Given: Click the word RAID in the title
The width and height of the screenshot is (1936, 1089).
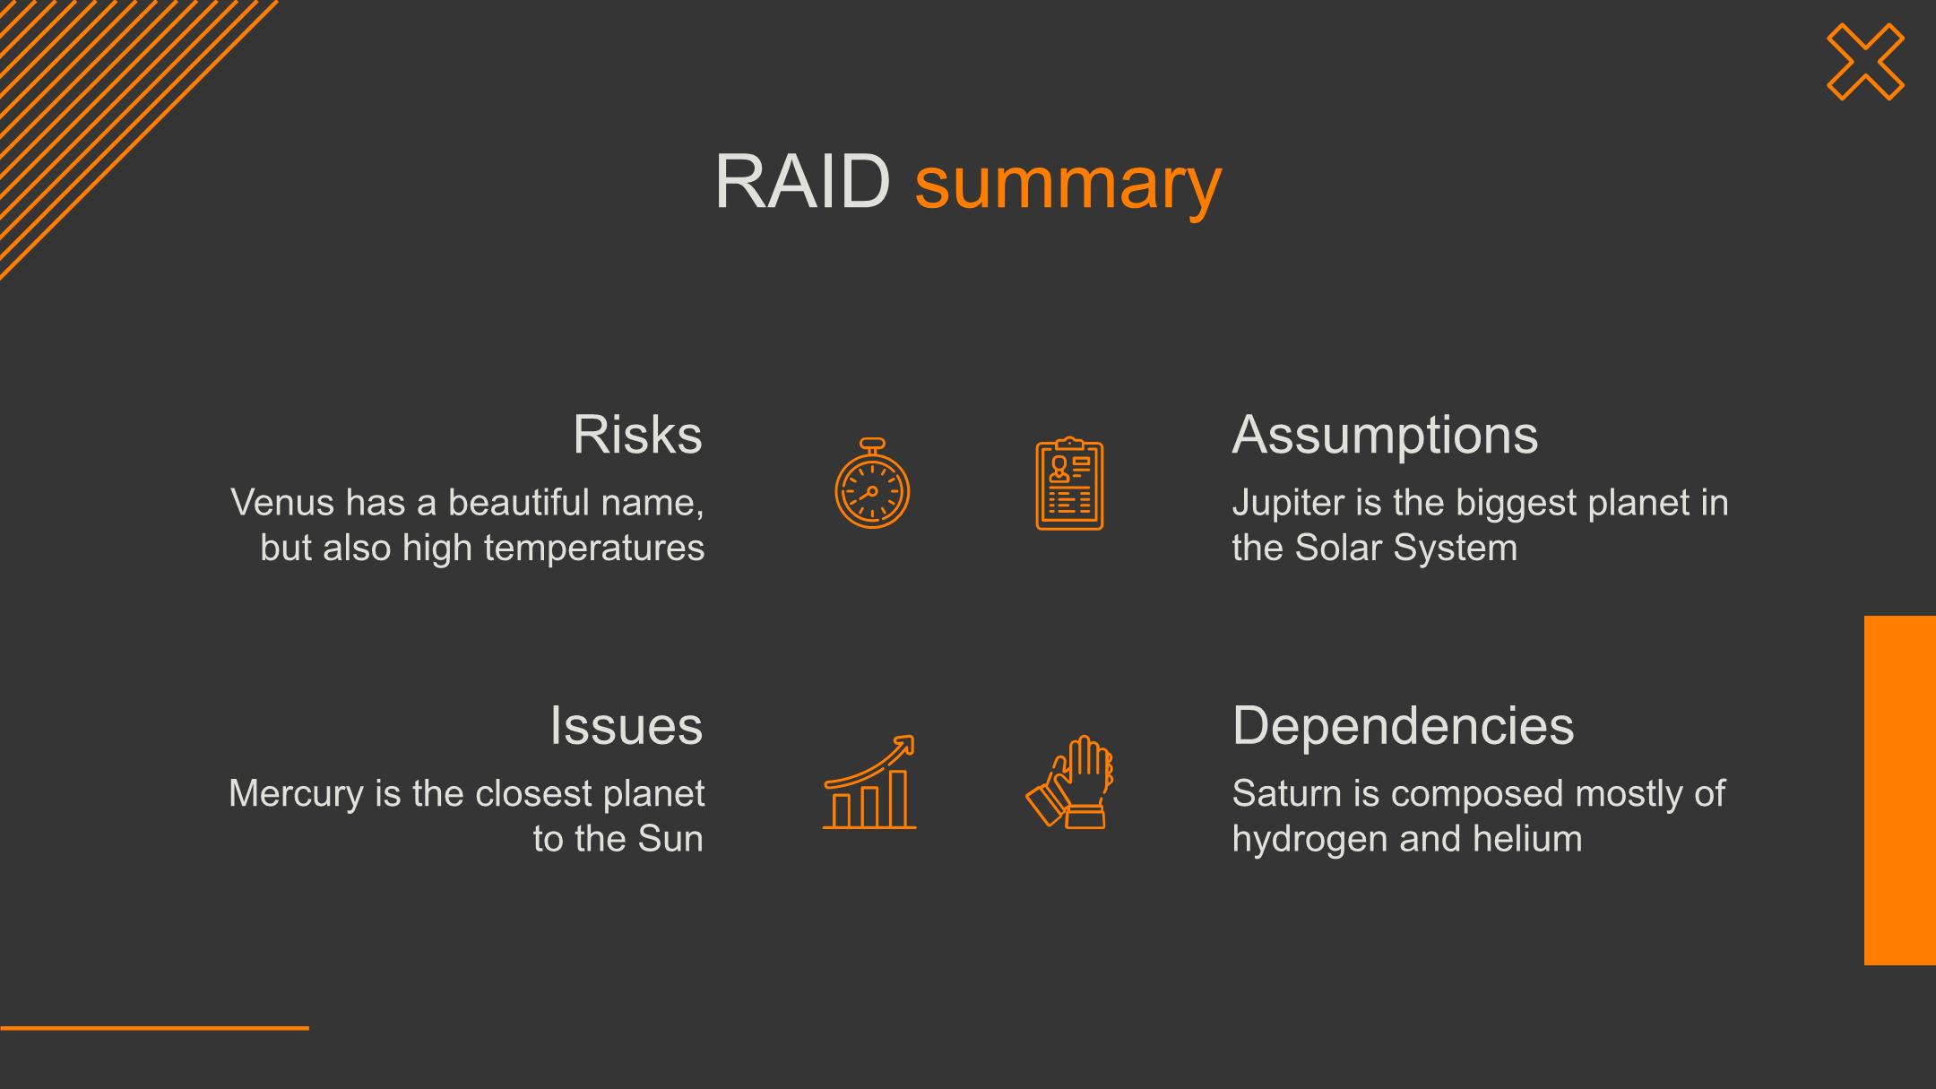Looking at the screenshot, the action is [x=801, y=182].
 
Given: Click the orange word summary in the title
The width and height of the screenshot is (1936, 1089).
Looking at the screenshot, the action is [x=1067, y=186].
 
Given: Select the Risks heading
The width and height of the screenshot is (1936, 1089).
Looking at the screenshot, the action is [x=637, y=435].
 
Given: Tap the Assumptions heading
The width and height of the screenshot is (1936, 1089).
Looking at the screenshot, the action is [x=1385, y=436].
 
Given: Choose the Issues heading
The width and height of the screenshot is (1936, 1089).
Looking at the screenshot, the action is [x=626, y=725].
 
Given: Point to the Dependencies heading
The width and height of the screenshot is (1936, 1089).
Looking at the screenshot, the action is [x=1403, y=727].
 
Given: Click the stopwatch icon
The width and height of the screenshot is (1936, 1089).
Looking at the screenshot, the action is [x=872, y=483].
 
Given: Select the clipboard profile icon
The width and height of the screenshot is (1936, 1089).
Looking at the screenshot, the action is [x=1069, y=484].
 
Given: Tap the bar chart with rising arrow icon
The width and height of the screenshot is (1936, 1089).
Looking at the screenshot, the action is [x=869, y=782].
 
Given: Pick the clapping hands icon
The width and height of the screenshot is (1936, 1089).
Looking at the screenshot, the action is [x=1069, y=782].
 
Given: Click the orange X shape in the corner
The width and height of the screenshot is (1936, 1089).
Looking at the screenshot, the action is [x=1865, y=62].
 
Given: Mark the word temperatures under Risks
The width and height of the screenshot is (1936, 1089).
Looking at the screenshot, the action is [x=593, y=549].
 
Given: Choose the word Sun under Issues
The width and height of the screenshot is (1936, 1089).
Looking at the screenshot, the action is [x=670, y=839].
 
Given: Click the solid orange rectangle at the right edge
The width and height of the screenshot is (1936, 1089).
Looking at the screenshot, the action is [x=1900, y=791].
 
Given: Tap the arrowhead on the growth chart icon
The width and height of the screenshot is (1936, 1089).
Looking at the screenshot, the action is [x=905, y=744].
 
